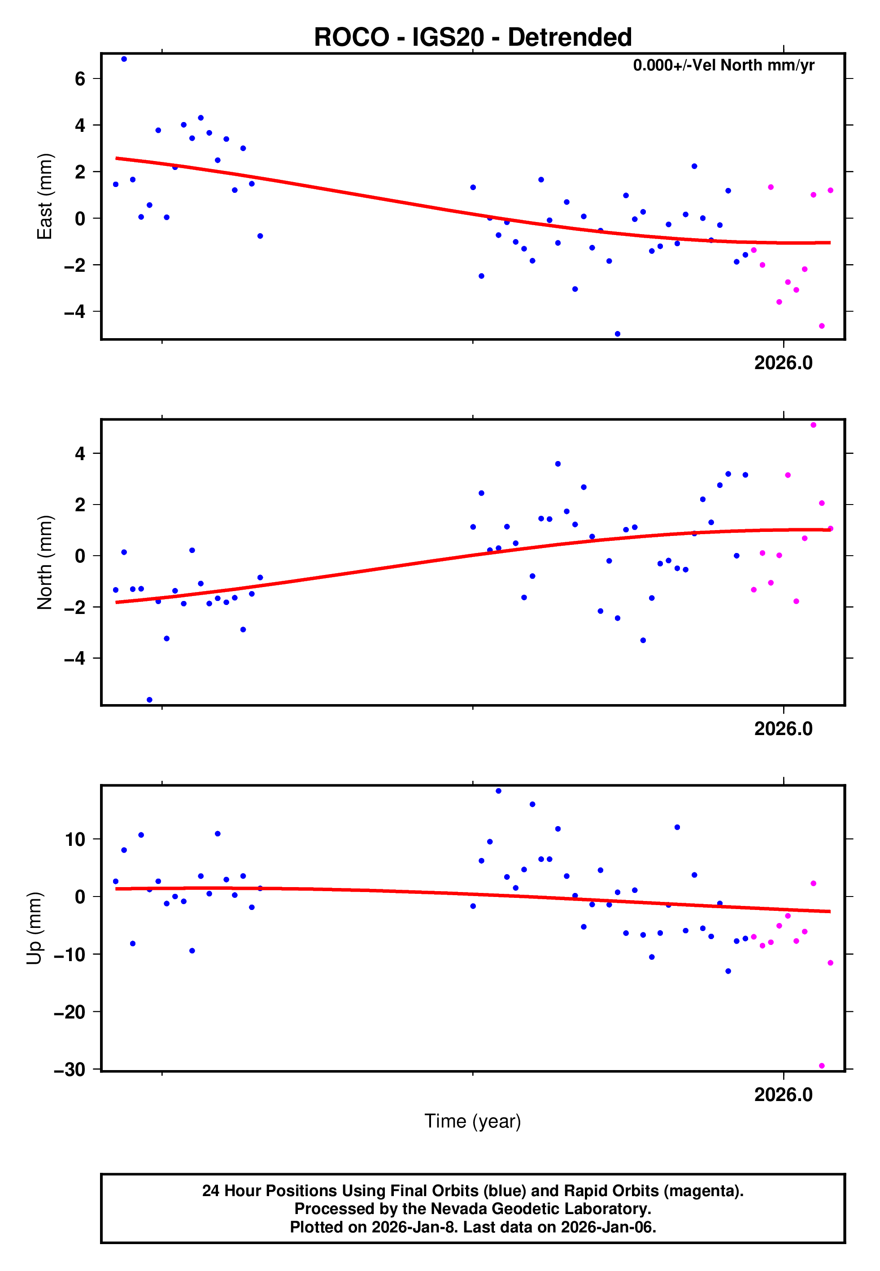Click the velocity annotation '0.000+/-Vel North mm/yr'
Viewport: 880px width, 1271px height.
pyautogui.click(x=723, y=65)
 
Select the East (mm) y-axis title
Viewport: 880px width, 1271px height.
pyautogui.click(x=44, y=196)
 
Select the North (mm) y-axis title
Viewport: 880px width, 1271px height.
pyautogui.click(x=44, y=562)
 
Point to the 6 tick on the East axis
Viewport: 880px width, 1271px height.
pyautogui.click(x=80, y=79)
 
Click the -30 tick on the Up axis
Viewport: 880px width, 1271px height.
pyautogui.click(x=70, y=1069)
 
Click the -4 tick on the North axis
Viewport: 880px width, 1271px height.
pyautogui.click(x=74, y=658)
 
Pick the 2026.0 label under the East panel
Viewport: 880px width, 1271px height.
pyautogui.click(x=783, y=363)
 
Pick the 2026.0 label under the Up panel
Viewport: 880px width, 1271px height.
pyautogui.click(x=783, y=1094)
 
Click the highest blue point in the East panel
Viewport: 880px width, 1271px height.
pyautogui.click(x=124, y=59)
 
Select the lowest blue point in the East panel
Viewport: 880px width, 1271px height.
pyautogui.click(x=617, y=334)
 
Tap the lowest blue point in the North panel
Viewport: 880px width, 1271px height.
pyautogui.click(x=149, y=700)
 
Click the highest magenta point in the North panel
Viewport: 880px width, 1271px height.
pyautogui.click(x=813, y=425)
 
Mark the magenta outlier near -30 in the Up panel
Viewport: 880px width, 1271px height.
pyautogui.click(x=822, y=1066)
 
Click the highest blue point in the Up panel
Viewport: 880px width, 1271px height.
pyautogui.click(x=498, y=791)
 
